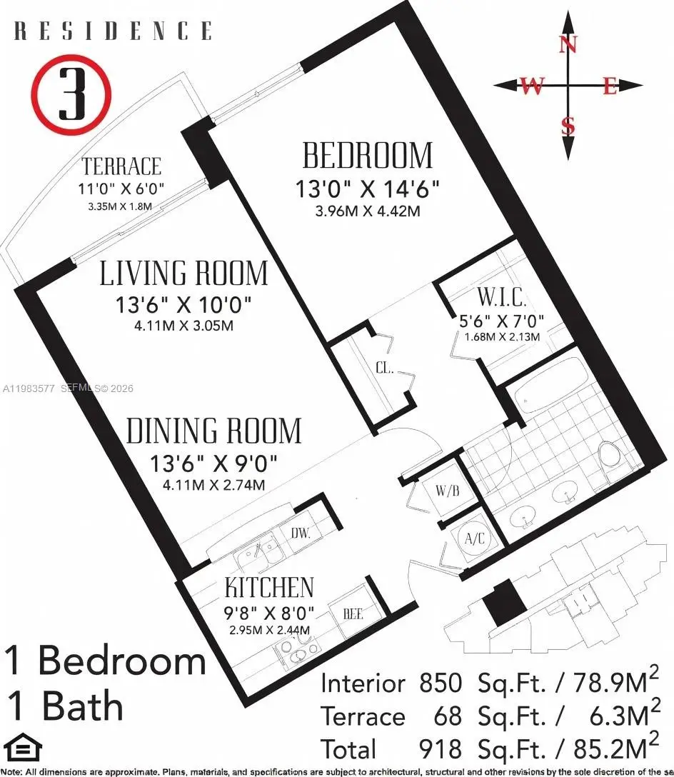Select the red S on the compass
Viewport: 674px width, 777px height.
tap(568, 126)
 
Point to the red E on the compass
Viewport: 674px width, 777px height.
tap(609, 86)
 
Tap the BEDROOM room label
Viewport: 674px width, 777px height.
tap(367, 155)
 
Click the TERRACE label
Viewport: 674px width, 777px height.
tap(121, 167)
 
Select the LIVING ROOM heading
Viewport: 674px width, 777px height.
tap(184, 274)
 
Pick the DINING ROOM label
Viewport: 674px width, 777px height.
tap(214, 431)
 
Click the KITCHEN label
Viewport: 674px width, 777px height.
tap(269, 588)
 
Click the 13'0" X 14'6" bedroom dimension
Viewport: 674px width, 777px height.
tap(367, 189)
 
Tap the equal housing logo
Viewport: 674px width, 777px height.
tap(22, 748)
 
